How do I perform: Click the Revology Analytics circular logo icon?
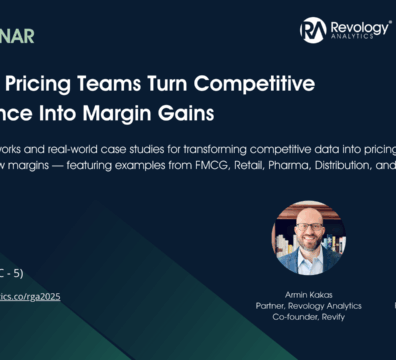pyautogui.click(x=313, y=30)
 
